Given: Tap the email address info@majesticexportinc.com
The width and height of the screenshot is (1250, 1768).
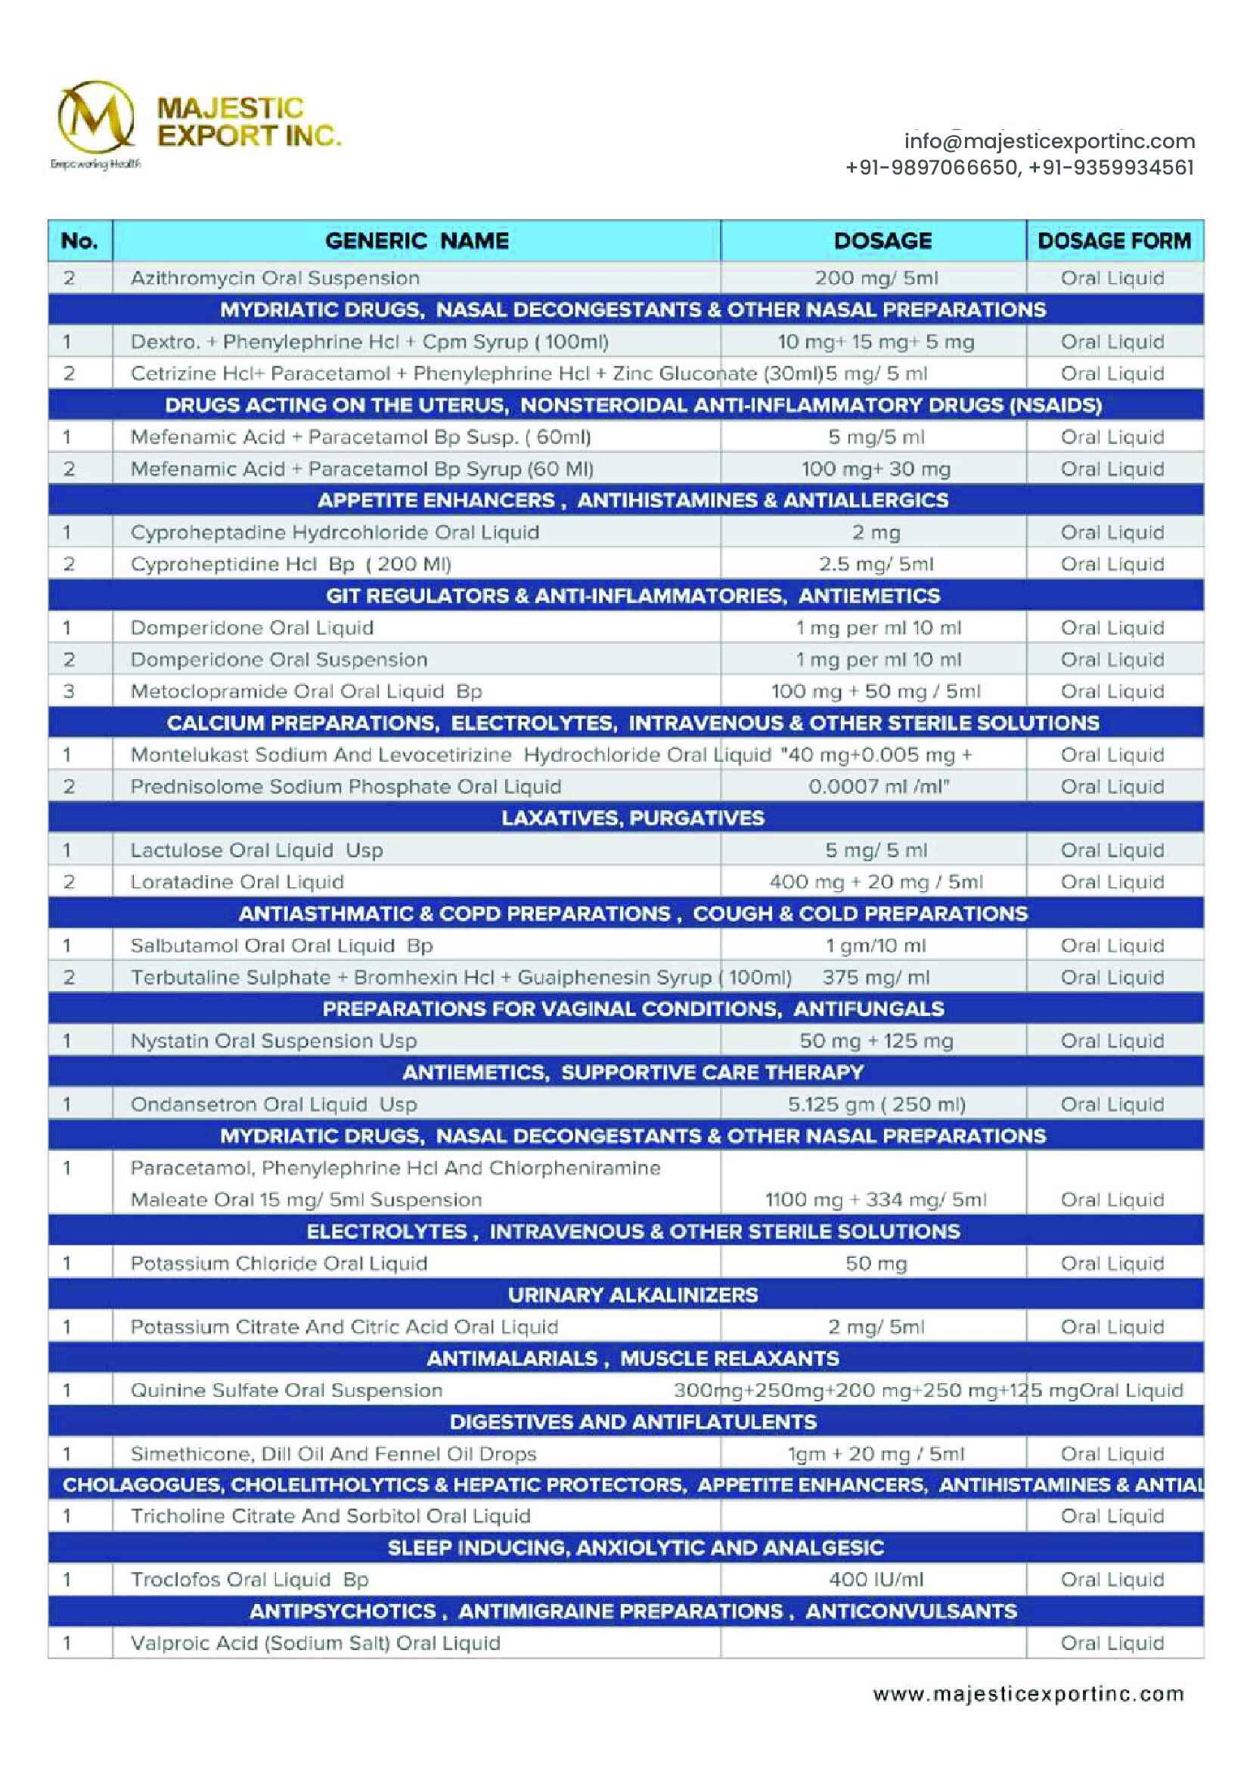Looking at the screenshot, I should (1049, 141).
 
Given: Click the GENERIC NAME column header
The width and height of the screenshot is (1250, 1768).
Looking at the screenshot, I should (417, 241).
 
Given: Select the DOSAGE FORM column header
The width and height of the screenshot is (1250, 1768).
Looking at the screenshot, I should (1114, 241).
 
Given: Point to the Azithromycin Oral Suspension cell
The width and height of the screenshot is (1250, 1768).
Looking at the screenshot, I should (275, 278).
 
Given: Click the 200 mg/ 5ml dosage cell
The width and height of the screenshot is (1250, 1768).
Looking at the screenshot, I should (876, 278).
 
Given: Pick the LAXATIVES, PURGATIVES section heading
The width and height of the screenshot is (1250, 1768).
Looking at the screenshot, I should (632, 818).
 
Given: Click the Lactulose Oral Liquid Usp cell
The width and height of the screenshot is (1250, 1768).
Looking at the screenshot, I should (256, 850).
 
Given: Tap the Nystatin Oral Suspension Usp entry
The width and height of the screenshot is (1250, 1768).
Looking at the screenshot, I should (274, 1040).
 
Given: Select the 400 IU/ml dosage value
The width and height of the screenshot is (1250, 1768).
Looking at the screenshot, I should (876, 1579).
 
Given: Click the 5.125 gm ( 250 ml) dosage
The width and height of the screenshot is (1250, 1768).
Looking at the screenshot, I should (876, 1104).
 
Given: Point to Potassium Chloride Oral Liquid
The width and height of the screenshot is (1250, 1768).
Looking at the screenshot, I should (279, 1263).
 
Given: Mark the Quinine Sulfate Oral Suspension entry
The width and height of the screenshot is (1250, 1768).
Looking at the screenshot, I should (287, 1390).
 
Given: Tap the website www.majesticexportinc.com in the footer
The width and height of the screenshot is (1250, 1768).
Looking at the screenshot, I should (1028, 1694).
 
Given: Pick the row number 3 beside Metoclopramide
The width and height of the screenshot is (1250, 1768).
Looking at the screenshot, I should (69, 692).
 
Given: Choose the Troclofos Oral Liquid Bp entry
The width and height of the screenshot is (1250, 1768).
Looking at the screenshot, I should (250, 1579).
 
